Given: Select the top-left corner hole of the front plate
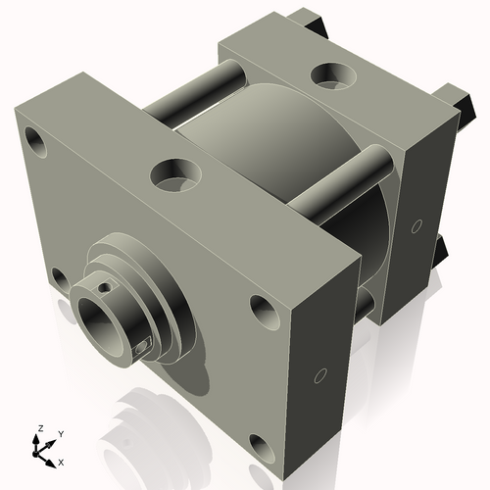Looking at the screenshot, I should click(x=35, y=137).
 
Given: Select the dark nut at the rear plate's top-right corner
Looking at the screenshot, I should click(x=453, y=98).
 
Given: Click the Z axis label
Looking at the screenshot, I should click(x=38, y=429).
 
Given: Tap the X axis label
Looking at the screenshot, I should click(x=62, y=460).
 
